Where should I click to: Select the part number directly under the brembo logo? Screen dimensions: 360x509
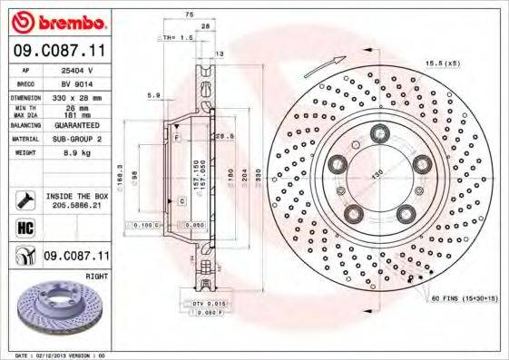[x=59, y=52]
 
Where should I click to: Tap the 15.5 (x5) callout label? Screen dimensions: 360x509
[x=443, y=63]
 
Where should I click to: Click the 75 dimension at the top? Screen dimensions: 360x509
[x=190, y=15]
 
